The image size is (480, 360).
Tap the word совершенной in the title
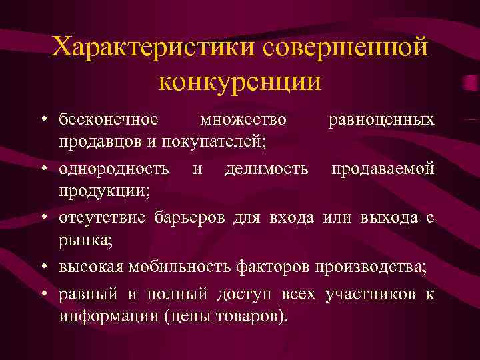coord(345,47)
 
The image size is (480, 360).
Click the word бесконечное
coord(109,119)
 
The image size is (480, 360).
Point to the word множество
coord(243,119)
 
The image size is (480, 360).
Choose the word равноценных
coord(381,119)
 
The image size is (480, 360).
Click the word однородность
coord(114,169)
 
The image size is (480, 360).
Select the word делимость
coord(267,169)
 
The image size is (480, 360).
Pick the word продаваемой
coord(378,169)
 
